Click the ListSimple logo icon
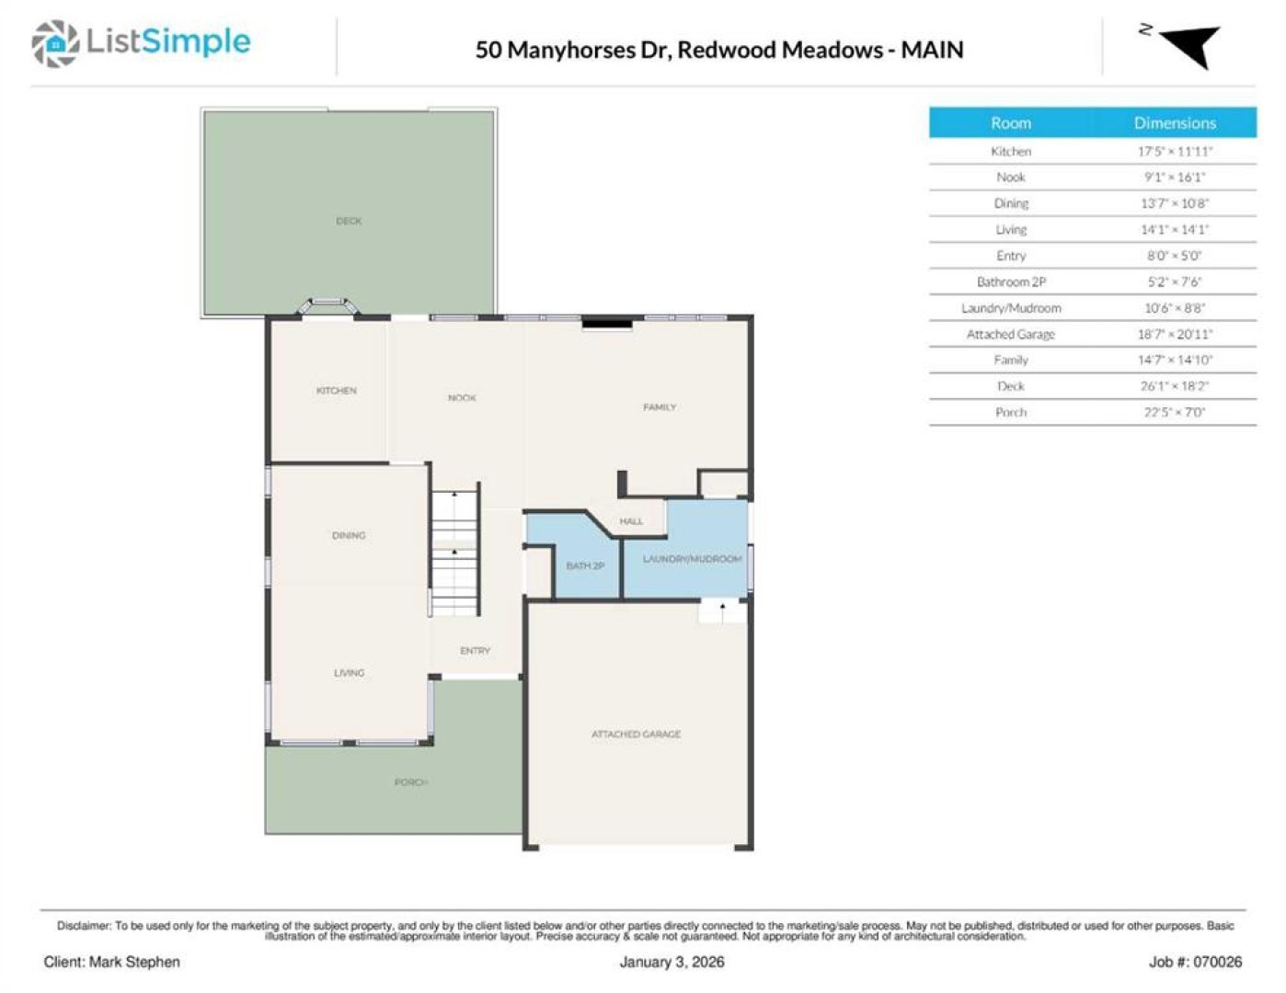tap(55, 43)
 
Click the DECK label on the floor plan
tap(349, 222)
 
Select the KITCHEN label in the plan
tap(336, 391)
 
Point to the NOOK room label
tap(462, 398)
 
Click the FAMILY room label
tap(660, 407)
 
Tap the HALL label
tap(631, 521)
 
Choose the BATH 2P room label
tap(585, 566)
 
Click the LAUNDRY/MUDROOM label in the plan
tap(692, 559)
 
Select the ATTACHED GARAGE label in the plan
tap(637, 734)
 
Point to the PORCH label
tap(411, 782)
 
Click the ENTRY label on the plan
tap(476, 651)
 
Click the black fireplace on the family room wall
tap(607, 323)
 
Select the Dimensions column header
tap(1175, 123)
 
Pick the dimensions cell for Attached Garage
tap(1175, 334)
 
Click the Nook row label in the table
tap(1011, 177)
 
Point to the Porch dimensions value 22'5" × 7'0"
tap(1175, 412)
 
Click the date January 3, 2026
tap(672, 963)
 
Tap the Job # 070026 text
tap(1196, 963)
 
